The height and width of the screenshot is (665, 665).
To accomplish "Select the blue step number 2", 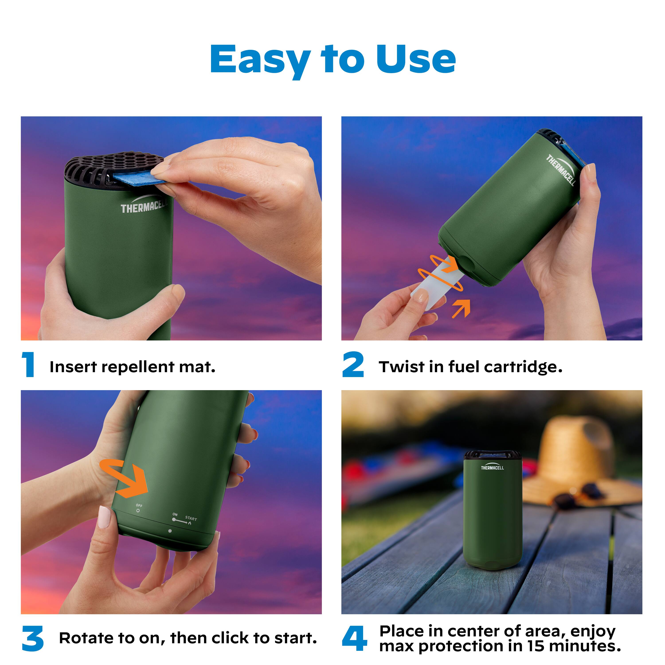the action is tap(353, 364).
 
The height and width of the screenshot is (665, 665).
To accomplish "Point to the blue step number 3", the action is tap(33, 638).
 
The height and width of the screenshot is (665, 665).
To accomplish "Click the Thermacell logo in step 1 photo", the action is tap(144, 204).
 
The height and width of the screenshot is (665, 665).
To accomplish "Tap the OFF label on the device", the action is tap(139, 505).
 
